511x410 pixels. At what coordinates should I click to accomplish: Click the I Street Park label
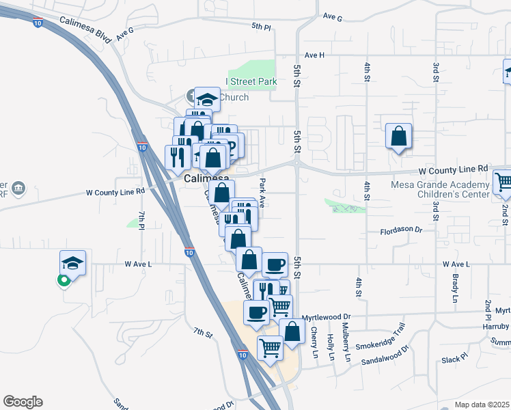[251, 82]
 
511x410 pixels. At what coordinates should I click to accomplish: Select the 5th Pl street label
[261, 27]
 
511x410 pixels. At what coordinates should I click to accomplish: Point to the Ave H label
[314, 55]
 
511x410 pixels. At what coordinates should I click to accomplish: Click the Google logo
[22, 402]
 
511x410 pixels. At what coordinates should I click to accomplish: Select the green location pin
[64, 280]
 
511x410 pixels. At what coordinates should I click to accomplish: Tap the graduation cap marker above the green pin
[72, 263]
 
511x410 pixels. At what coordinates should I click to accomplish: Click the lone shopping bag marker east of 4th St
[398, 137]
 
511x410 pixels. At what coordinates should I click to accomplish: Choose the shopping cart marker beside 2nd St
[503, 182]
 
